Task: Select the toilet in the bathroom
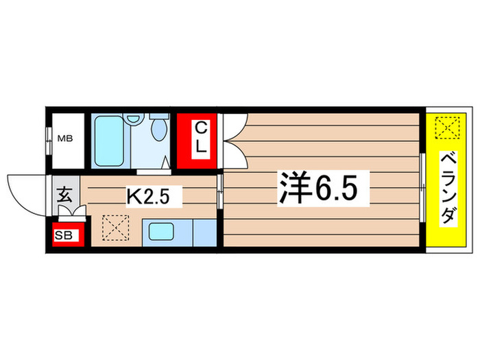(158, 128)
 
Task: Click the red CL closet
(195, 140)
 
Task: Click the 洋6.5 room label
(318, 187)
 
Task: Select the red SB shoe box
(67, 235)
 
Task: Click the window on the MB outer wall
(49, 139)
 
